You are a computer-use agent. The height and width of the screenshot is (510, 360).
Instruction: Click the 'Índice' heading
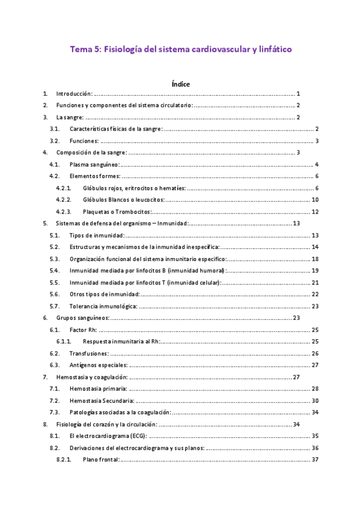point(180,84)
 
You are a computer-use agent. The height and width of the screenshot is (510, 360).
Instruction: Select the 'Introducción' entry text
point(74,94)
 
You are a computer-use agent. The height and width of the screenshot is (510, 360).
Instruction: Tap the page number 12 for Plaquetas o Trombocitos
point(315,211)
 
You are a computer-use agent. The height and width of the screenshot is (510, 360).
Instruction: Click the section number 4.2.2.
point(63,200)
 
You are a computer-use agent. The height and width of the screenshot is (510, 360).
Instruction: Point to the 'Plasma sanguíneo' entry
point(94,164)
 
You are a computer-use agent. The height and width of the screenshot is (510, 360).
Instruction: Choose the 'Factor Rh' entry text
point(83,330)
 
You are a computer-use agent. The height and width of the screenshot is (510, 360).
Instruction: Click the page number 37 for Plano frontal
point(315,459)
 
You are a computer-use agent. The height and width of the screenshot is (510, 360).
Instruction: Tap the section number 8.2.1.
point(63,459)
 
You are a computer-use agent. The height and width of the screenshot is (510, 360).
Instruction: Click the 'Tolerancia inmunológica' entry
point(103,306)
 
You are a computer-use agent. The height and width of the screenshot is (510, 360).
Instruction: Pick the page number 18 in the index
point(315,259)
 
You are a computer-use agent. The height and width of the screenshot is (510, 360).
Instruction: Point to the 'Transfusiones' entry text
point(89,353)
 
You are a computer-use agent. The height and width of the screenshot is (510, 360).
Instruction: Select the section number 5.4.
point(54,271)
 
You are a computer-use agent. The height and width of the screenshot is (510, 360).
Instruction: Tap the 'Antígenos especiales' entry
point(98,365)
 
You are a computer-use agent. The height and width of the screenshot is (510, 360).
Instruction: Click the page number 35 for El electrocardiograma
point(315,436)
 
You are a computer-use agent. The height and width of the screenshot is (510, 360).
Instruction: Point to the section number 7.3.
point(54,412)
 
